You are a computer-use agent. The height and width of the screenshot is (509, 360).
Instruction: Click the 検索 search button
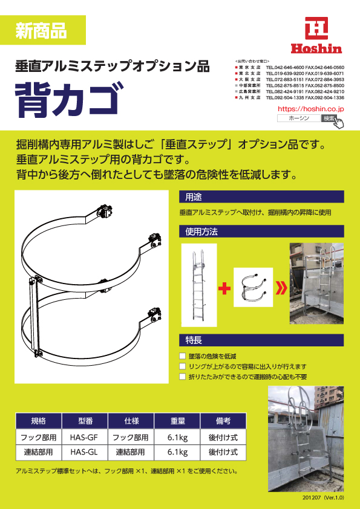click(329, 118)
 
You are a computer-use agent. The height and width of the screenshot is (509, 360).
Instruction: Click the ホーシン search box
click(298, 118)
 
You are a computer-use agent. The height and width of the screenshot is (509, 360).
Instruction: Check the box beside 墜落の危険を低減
click(183, 356)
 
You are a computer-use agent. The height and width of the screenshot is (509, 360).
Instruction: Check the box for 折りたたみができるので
click(183, 377)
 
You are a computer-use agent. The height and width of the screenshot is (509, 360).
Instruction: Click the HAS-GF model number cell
click(84, 436)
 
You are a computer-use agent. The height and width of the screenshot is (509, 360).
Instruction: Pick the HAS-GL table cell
click(84, 452)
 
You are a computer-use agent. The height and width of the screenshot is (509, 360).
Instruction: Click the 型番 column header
click(84, 421)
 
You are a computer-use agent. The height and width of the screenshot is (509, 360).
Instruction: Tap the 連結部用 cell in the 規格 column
click(38, 452)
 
